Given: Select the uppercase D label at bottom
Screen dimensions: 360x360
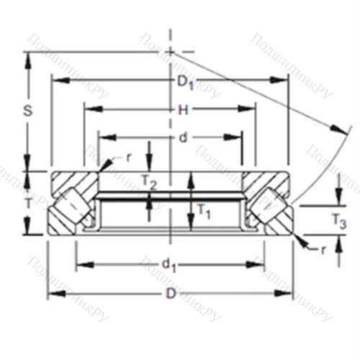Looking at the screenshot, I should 171,293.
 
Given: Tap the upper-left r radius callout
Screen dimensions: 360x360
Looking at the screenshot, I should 127,156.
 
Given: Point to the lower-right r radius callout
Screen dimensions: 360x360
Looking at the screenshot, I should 323,249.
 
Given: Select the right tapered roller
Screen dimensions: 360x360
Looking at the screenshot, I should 269,205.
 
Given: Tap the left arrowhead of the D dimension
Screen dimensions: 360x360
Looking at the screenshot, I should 52,293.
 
